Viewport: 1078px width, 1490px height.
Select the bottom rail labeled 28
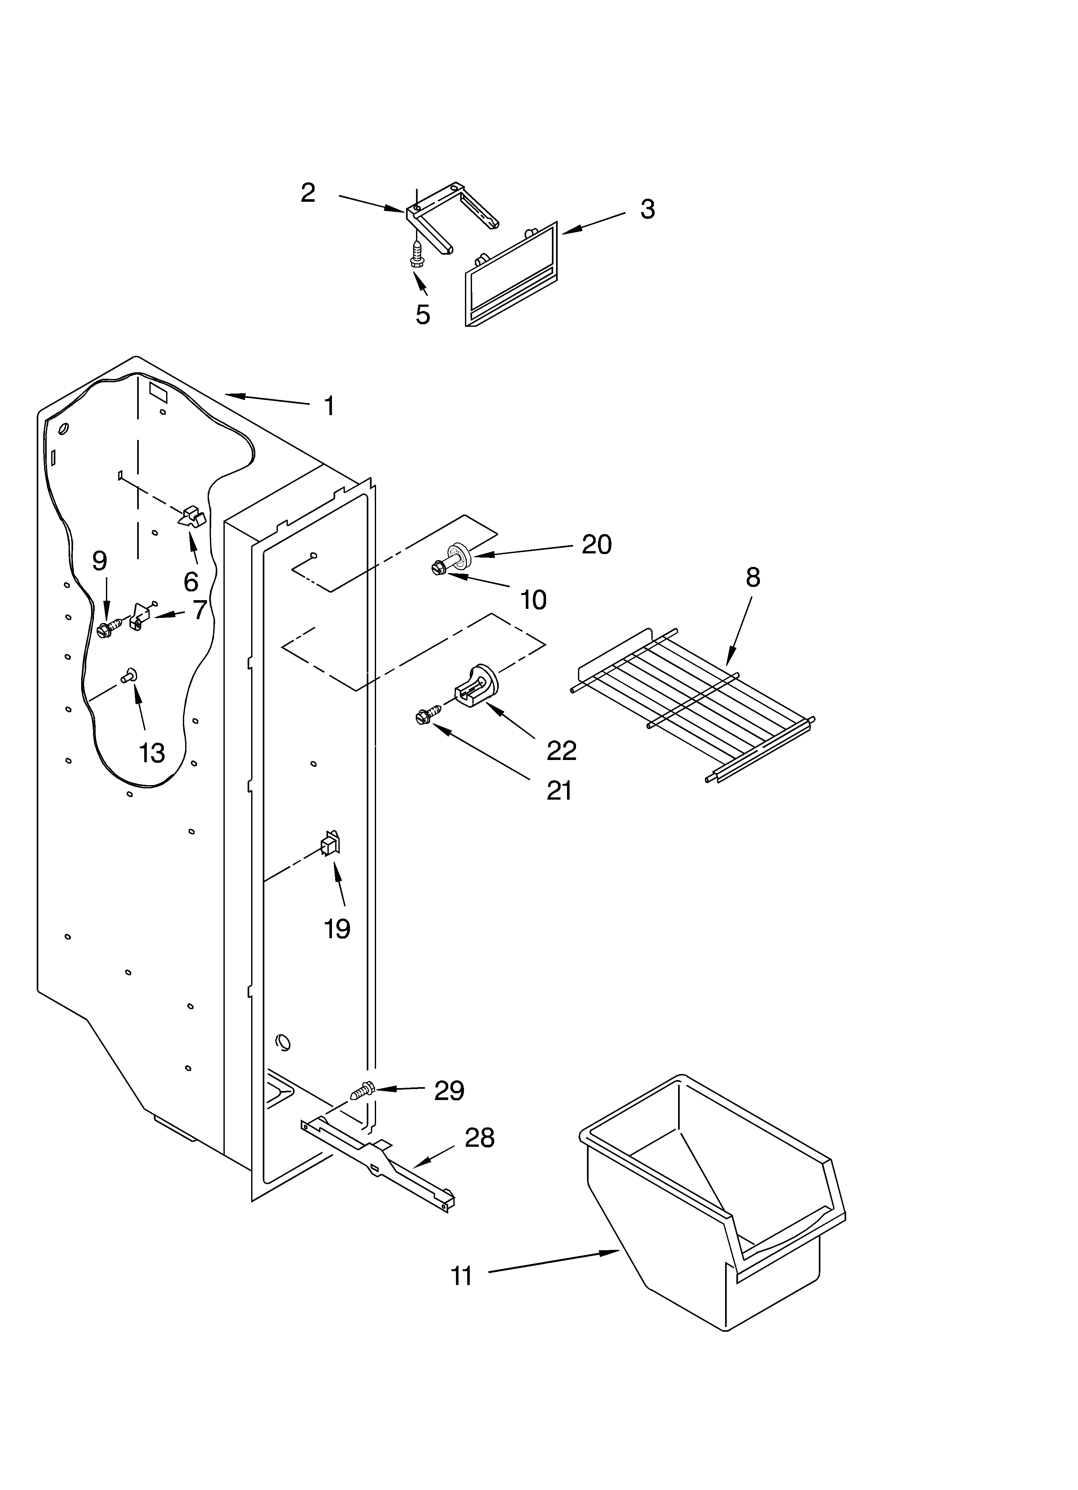click(381, 1163)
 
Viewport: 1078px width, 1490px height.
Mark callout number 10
click(533, 600)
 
